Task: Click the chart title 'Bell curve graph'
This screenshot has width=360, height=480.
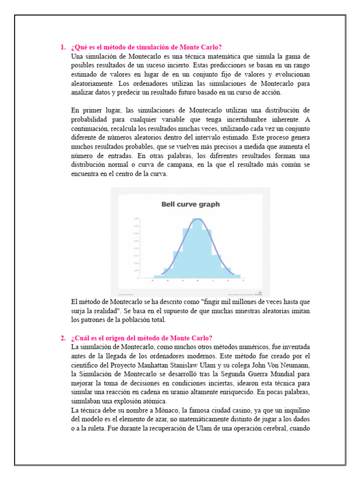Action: click(190, 204)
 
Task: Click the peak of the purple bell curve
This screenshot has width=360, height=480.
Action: click(198, 219)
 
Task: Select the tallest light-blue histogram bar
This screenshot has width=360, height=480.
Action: click(197, 248)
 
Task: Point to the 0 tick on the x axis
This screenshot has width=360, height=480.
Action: click(198, 281)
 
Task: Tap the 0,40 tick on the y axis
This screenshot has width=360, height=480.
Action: click(136, 218)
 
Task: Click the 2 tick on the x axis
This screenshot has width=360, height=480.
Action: click(228, 281)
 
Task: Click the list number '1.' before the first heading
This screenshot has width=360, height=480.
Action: click(63, 47)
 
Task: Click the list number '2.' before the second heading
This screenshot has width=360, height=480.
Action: click(63, 338)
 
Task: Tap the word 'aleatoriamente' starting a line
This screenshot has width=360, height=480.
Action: click(92, 83)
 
